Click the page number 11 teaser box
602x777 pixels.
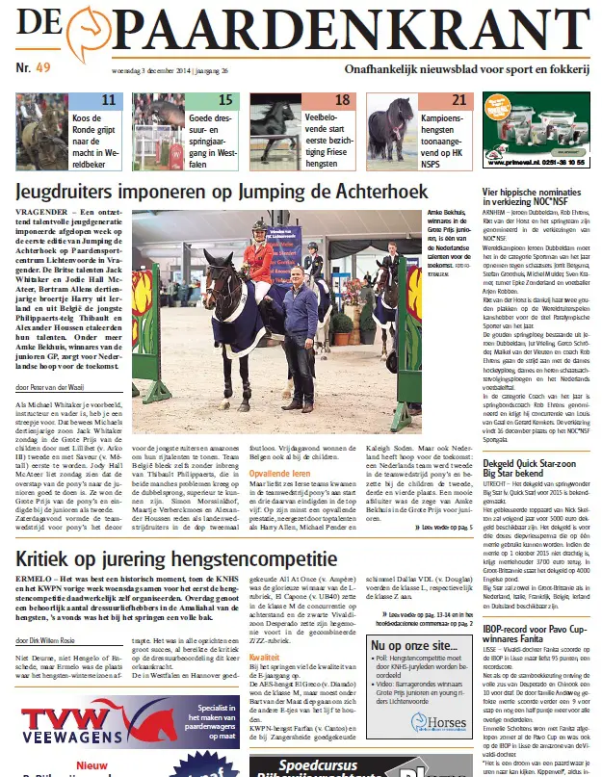(x=109, y=100)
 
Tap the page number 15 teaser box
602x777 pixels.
(x=225, y=100)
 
